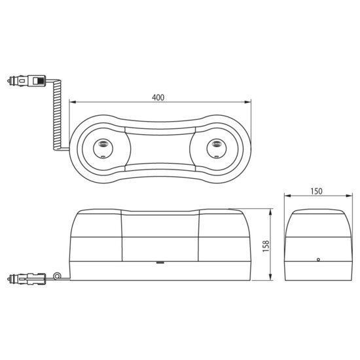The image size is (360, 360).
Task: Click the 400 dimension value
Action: (x=158, y=98)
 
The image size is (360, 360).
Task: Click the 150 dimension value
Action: (x=316, y=191)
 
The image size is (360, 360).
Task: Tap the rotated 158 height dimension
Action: (x=266, y=246)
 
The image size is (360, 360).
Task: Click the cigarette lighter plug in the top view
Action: (x=27, y=81)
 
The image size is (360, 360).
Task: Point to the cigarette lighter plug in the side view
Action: (x=27, y=279)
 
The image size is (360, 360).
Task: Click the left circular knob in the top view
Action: (x=103, y=149)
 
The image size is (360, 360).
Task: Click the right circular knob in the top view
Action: (x=216, y=149)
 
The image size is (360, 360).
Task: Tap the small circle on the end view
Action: (x=318, y=260)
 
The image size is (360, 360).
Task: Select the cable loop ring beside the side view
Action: (x=57, y=276)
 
